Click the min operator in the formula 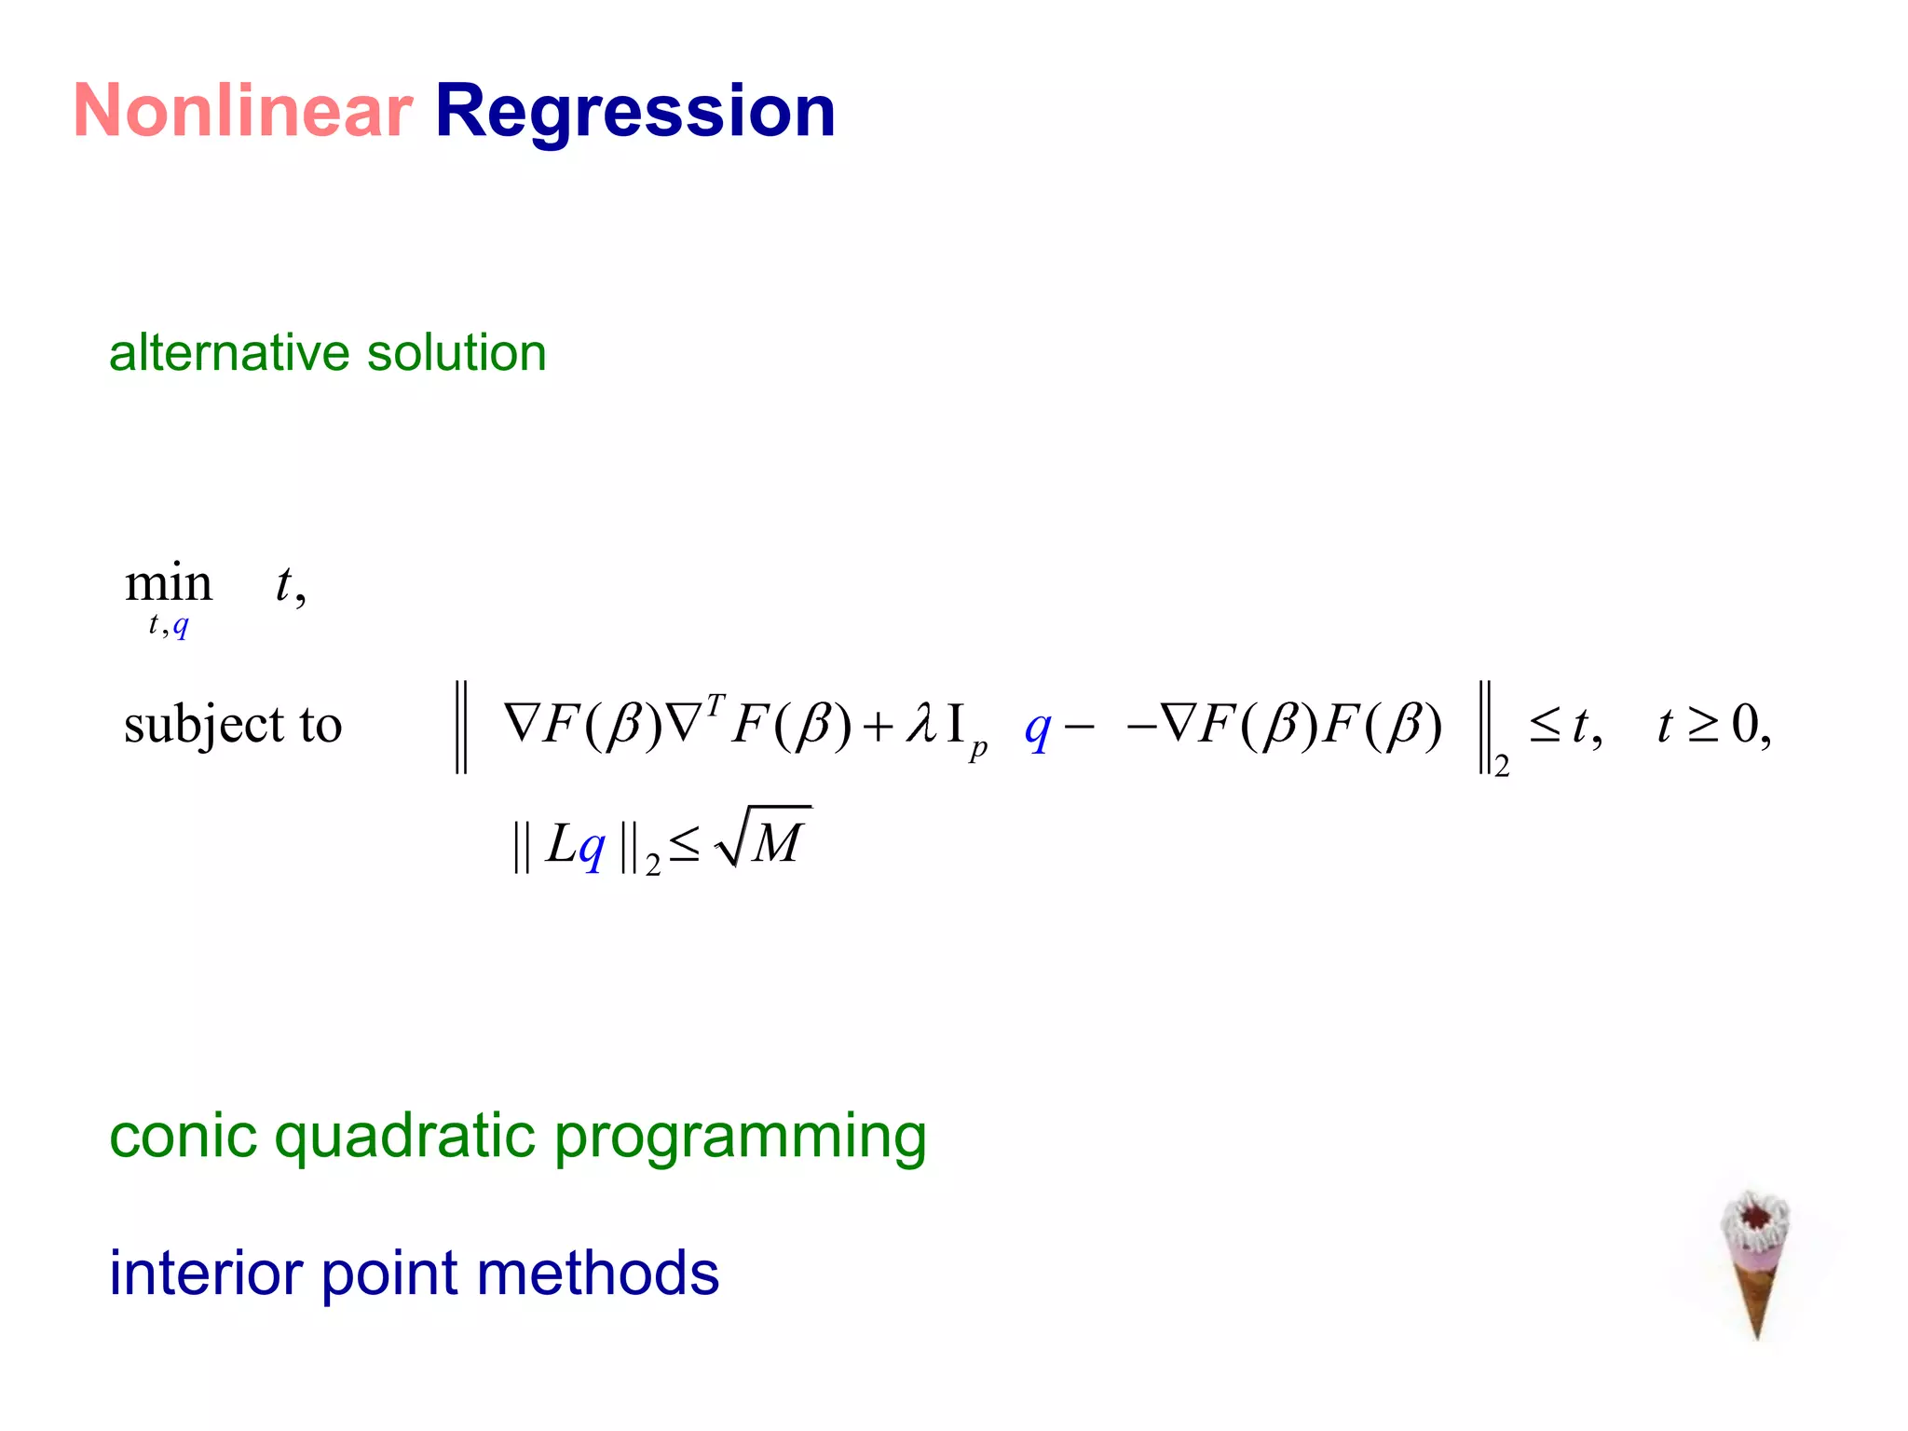[169, 585]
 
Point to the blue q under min [181, 625]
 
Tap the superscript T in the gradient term [715, 702]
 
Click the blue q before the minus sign [1037, 729]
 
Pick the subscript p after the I [977, 748]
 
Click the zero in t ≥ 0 [1744, 724]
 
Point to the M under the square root [777, 844]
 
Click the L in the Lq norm [561, 844]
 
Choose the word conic [184, 1137]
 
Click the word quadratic [404, 1137]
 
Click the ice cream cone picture [1755, 1262]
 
